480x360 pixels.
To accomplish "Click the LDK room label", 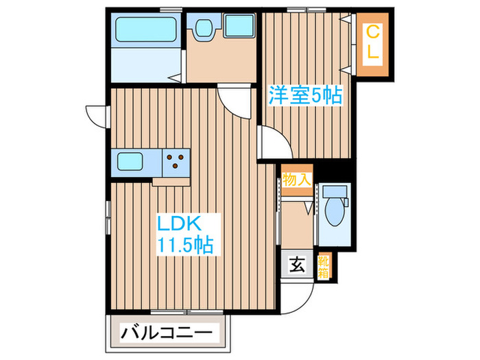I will tap(179, 224).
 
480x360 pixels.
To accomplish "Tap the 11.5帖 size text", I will tap(185, 244).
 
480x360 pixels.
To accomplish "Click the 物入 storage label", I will tap(298, 180).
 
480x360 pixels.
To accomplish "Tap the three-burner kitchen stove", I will tap(176, 162).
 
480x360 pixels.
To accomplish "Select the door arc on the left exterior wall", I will tap(95, 115).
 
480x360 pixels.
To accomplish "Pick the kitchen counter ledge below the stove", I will tap(171, 180).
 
